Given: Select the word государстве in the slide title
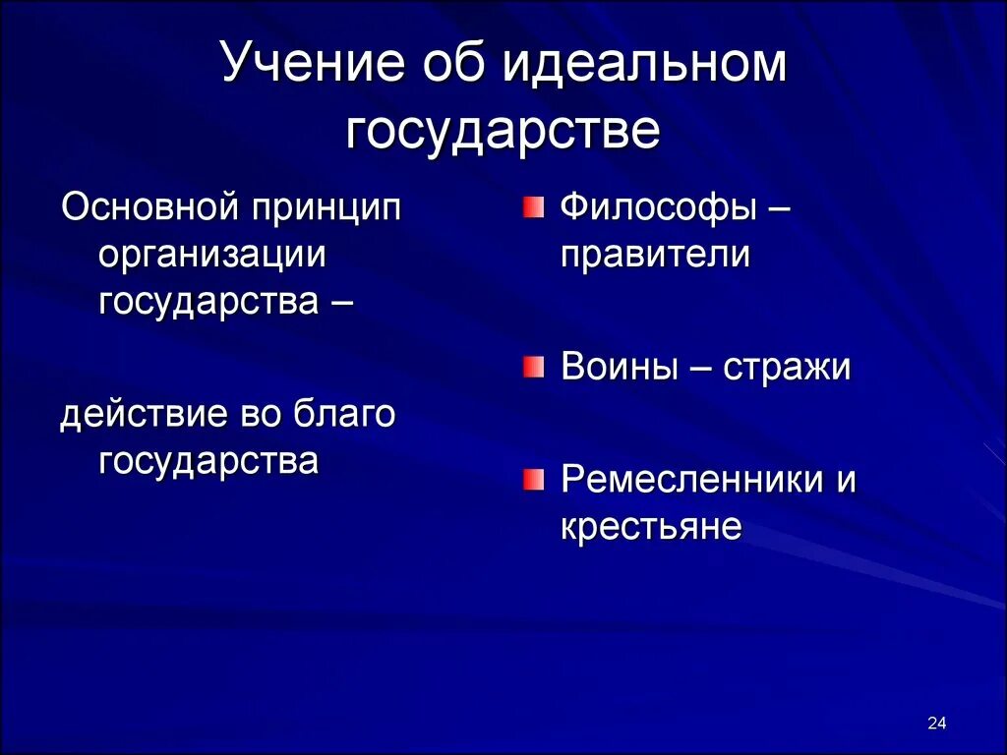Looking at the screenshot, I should tap(503, 132).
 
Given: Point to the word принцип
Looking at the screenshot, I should tap(326, 210).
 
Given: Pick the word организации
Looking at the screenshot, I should tap(211, 256).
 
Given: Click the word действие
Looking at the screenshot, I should tap(144, 414).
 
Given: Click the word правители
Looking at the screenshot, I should tap(656, 256).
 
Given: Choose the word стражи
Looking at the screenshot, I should tap(788, 368).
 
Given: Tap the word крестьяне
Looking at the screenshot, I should tap(651, 527).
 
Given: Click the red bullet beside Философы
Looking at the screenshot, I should tap(532, 207).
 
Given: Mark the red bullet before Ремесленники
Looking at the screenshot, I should tap(532, 480).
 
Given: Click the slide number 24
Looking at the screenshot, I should tap(936, 725).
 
